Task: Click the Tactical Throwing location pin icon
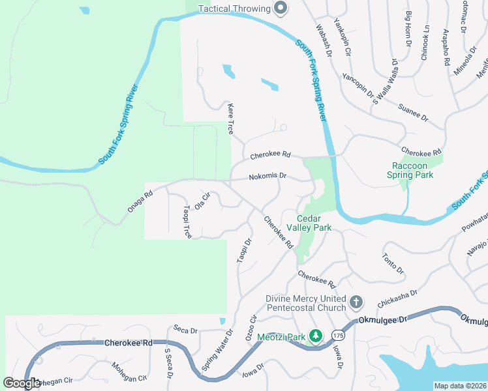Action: coord(281,8)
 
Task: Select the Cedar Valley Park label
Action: coord(314,223)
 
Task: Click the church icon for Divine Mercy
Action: coord(356,302)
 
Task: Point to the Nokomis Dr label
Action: coord(268,176)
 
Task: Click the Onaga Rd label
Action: coord(140,201)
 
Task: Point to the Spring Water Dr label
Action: coord(217,350)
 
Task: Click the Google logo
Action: coord(22,383)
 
